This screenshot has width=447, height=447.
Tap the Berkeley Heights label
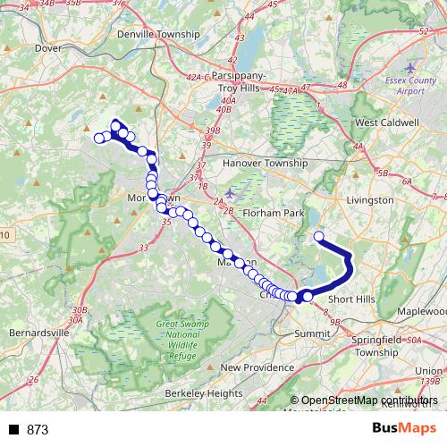205,393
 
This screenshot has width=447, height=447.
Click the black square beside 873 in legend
13,430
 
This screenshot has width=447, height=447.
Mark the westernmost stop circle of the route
99,138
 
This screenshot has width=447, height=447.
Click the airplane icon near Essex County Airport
409,68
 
